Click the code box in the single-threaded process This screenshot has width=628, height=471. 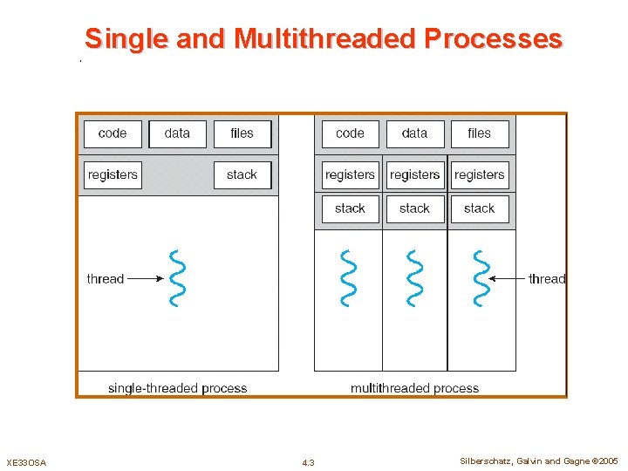113,133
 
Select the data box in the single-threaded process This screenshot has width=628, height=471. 177,133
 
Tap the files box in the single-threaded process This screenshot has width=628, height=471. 242,133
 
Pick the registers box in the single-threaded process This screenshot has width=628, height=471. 113,174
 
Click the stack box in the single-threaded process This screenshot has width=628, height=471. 242,174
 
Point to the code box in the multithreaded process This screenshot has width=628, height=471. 350,133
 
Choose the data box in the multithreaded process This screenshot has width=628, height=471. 415,133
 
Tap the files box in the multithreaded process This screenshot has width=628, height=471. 480,133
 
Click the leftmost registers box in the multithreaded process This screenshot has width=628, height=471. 350,174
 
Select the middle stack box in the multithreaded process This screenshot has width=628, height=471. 415,208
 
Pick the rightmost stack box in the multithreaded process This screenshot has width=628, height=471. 480,208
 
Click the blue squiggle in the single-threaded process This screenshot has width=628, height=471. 178,278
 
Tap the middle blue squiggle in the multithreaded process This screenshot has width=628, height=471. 415,278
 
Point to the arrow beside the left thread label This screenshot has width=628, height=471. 146,279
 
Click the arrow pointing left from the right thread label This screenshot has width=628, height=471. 507,279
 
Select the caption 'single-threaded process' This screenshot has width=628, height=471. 177,388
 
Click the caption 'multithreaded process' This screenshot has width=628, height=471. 415,388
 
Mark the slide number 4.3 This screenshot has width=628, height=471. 308,462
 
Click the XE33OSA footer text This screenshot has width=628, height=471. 26,462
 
